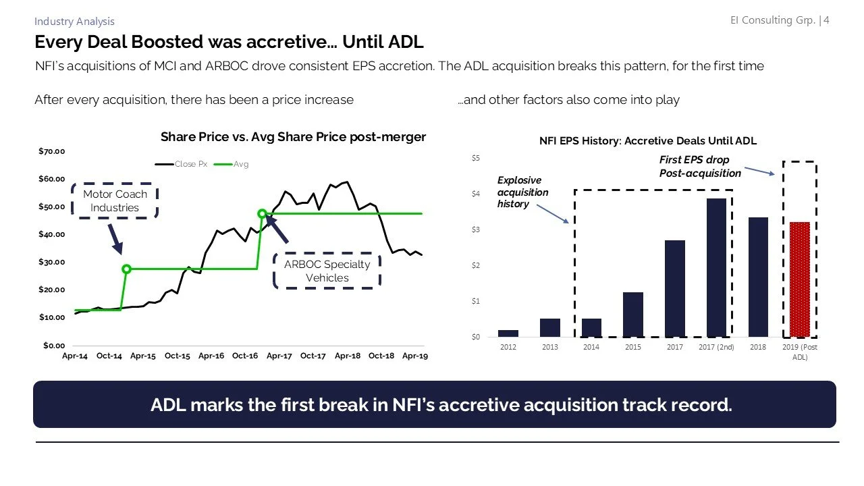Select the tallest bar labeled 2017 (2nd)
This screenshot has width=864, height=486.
tap(716, 267)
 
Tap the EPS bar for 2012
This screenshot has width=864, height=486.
tap(508, 333)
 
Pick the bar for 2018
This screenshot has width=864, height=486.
tap(758, 277)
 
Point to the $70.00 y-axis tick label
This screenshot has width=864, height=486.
tap(51, 151)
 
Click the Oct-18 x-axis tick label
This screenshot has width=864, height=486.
tap(381, 356)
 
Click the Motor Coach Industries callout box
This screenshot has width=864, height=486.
tap(114, 200)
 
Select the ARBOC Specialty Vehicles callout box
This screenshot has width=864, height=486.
tap(327, 271)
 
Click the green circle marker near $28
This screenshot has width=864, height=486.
tap(126, 269)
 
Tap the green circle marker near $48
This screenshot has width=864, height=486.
tap(262, 214)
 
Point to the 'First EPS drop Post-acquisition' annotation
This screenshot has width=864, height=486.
tap(699, 167)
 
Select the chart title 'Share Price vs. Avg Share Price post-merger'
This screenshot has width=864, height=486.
tap(293, 137)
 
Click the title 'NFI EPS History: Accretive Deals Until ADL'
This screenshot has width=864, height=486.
tap(647, 141)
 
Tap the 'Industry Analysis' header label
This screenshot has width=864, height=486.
tap(74, 22)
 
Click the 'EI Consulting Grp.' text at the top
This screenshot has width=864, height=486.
tap(772, 20)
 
